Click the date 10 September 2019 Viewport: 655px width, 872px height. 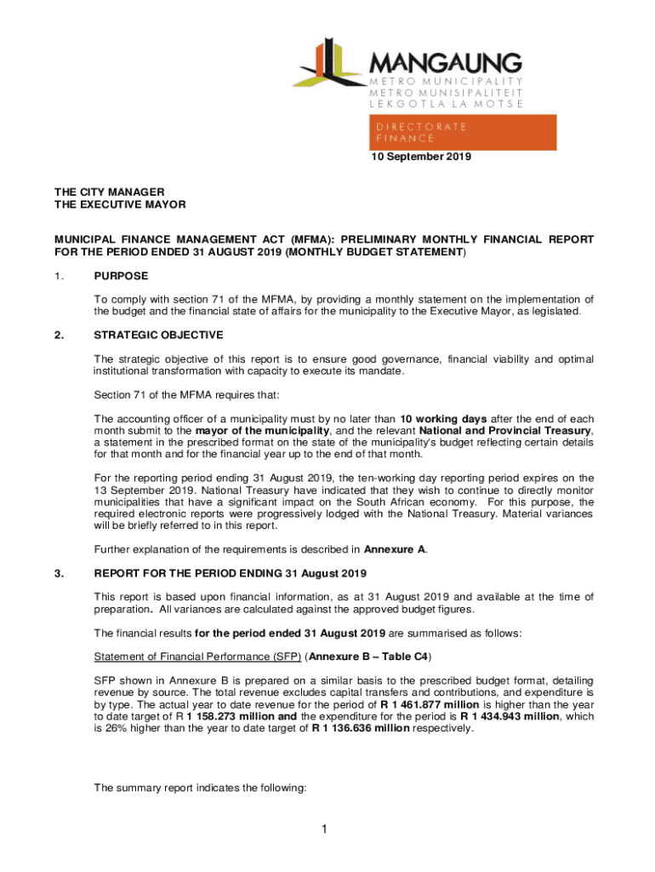click(x=419, y=157)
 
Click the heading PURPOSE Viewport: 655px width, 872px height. click(x=121, y=276)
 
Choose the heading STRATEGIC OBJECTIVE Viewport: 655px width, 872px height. click(x=159, y=335)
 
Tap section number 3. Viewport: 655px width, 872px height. click(x=59, y=572)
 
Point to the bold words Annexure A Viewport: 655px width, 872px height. click(x=396, y=549)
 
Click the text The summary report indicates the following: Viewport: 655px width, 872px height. click(x=200, y=789)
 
